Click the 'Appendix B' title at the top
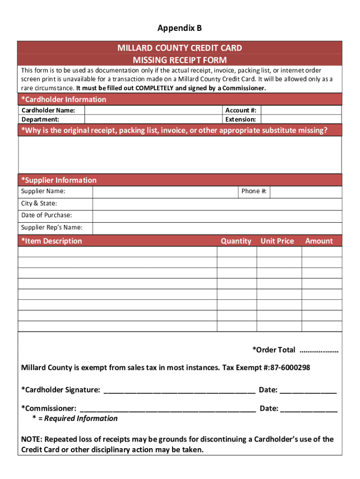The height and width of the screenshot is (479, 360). coord(180,29)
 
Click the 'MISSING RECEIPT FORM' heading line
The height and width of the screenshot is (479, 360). coord(180,60)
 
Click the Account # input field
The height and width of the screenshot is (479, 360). coord(301,110)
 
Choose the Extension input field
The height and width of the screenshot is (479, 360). coord(301,119)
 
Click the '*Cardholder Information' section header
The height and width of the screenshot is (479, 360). coord(64,99)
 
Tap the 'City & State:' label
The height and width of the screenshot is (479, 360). coord(39,203)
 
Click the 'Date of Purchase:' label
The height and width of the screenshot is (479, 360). coord(47,215)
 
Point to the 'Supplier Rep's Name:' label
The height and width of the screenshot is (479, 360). coord(52,227)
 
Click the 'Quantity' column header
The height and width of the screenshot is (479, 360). coord(236,241)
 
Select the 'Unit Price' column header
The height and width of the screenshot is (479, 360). coord(277,241)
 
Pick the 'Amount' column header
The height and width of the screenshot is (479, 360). coord(319,241)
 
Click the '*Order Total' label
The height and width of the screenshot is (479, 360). coord(274,350)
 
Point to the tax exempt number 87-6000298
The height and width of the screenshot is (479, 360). coord(290,368)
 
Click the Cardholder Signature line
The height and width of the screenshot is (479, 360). coord(180,391)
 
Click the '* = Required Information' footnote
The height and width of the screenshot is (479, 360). coord(75,418)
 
